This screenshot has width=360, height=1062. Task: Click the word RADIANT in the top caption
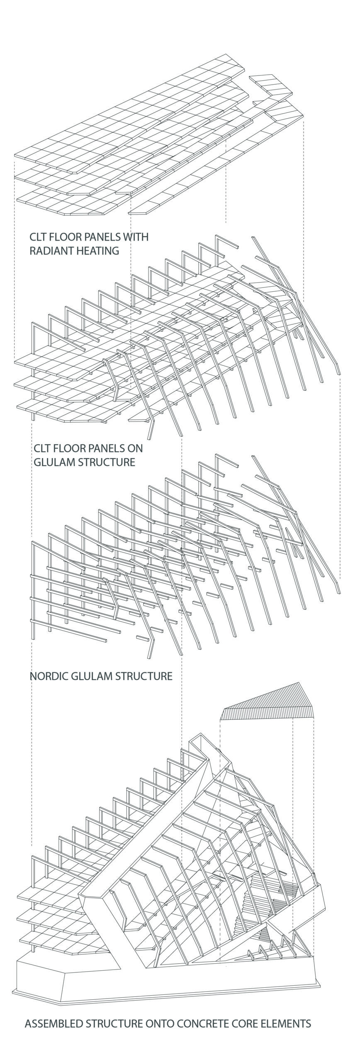(x=49, y=251)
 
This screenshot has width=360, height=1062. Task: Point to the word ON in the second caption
(x=136, y=448)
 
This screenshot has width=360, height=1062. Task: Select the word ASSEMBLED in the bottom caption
(x=54, y=1023)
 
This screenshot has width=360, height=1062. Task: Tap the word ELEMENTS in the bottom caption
(x=286, y=1023)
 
